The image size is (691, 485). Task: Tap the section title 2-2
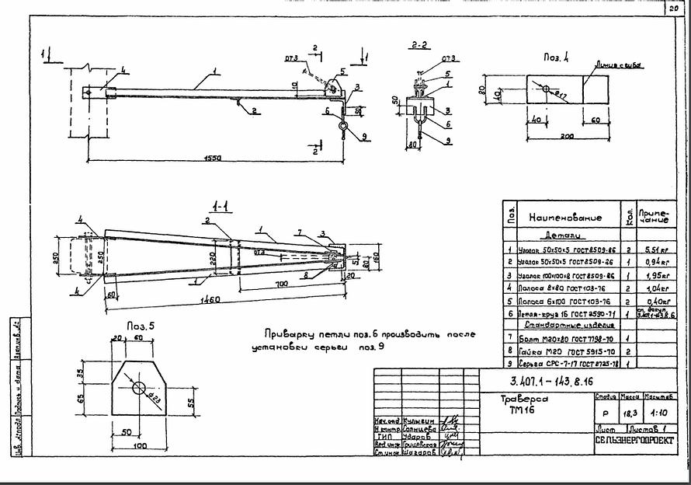pos(421,45)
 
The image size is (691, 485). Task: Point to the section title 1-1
pos(220,208)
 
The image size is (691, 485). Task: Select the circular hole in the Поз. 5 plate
pos(139,387)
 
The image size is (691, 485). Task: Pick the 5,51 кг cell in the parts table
pos(651,251)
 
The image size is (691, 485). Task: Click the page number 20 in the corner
pos(672,7)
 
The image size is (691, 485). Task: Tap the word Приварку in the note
pos(290,334)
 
